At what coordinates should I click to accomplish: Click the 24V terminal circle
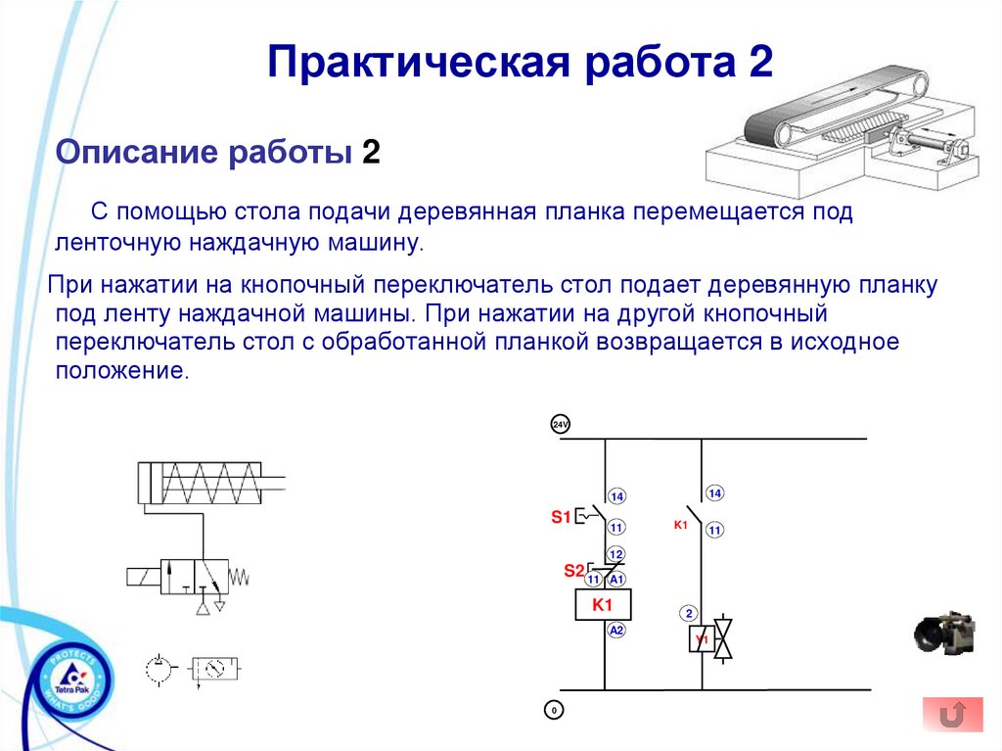(x=560, y=425)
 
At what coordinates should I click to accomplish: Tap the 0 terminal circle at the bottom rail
(x=554, y=709)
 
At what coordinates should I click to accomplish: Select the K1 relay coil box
(x=603, y=605)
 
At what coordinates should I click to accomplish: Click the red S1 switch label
(x=560, y=517)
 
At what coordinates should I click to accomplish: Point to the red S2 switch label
(x=573, y=570)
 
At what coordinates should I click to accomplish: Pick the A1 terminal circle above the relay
(x=617, y=580)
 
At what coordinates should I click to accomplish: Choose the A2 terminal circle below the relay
(x=616, y=631)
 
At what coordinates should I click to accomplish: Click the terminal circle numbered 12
(x=616, y=554)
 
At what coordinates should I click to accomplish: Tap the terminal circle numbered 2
(x=689, y=614)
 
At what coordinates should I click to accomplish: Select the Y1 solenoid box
(x=702, y=641)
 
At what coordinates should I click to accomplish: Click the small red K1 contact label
(x=681, y=526)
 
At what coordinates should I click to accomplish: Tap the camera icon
(x=945, y=634)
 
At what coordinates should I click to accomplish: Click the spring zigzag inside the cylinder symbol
(x=211, y=482)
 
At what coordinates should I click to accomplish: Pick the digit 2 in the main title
(x=761, y=64)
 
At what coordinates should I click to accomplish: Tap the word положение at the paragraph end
(x=118, y=372)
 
